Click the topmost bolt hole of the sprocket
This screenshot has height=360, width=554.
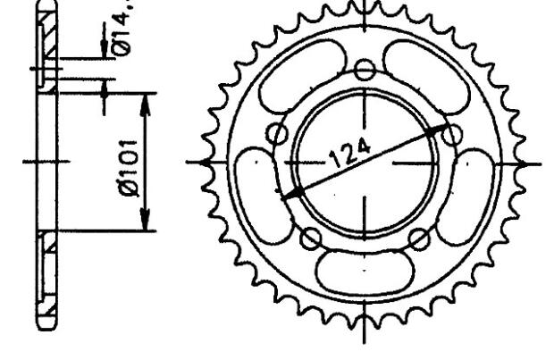click(x=364, y=70)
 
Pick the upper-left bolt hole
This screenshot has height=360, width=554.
click(x=279, y=134)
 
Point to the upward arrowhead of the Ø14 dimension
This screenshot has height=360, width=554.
click(x=106, y=86)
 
